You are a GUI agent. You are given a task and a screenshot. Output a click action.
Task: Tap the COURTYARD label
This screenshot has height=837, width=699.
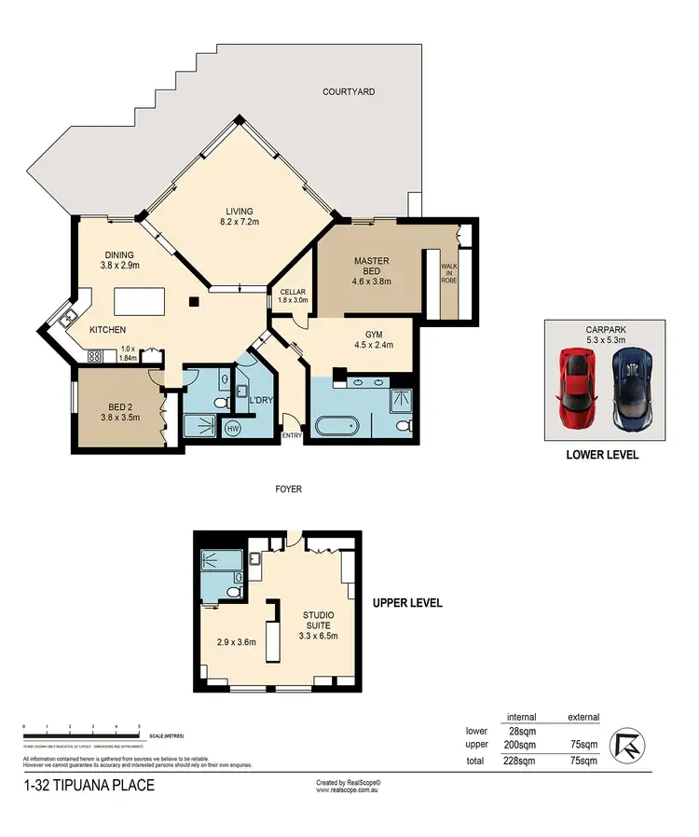tap(349, 91)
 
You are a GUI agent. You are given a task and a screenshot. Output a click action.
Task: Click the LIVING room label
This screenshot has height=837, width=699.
tap(240, 217)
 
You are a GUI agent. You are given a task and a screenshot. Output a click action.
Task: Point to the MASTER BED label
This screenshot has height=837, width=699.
tap(371, 270)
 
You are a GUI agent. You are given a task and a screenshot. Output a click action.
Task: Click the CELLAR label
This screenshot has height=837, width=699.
tap(294, 295)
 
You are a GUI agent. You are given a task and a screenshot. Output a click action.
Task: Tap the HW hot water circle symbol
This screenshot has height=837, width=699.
tap(232, 429)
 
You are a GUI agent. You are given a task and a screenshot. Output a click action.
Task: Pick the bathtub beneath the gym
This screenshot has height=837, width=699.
tap(337, 428)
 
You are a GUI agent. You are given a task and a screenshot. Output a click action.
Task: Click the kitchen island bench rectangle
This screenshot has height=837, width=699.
tap(140, 303)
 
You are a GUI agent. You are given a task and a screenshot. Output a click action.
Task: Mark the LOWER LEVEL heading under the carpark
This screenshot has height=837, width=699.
tap(602, 457)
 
